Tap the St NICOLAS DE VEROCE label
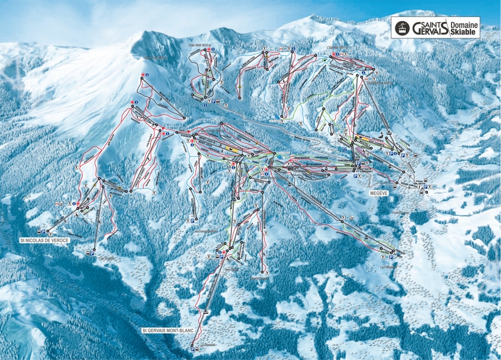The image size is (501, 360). [x=44, y=240]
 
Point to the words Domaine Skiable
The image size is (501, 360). [x=464, y=27]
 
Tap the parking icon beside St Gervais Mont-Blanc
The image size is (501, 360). [x=193, y=350]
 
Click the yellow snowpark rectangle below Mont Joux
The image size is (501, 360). [x=231, y=148]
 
